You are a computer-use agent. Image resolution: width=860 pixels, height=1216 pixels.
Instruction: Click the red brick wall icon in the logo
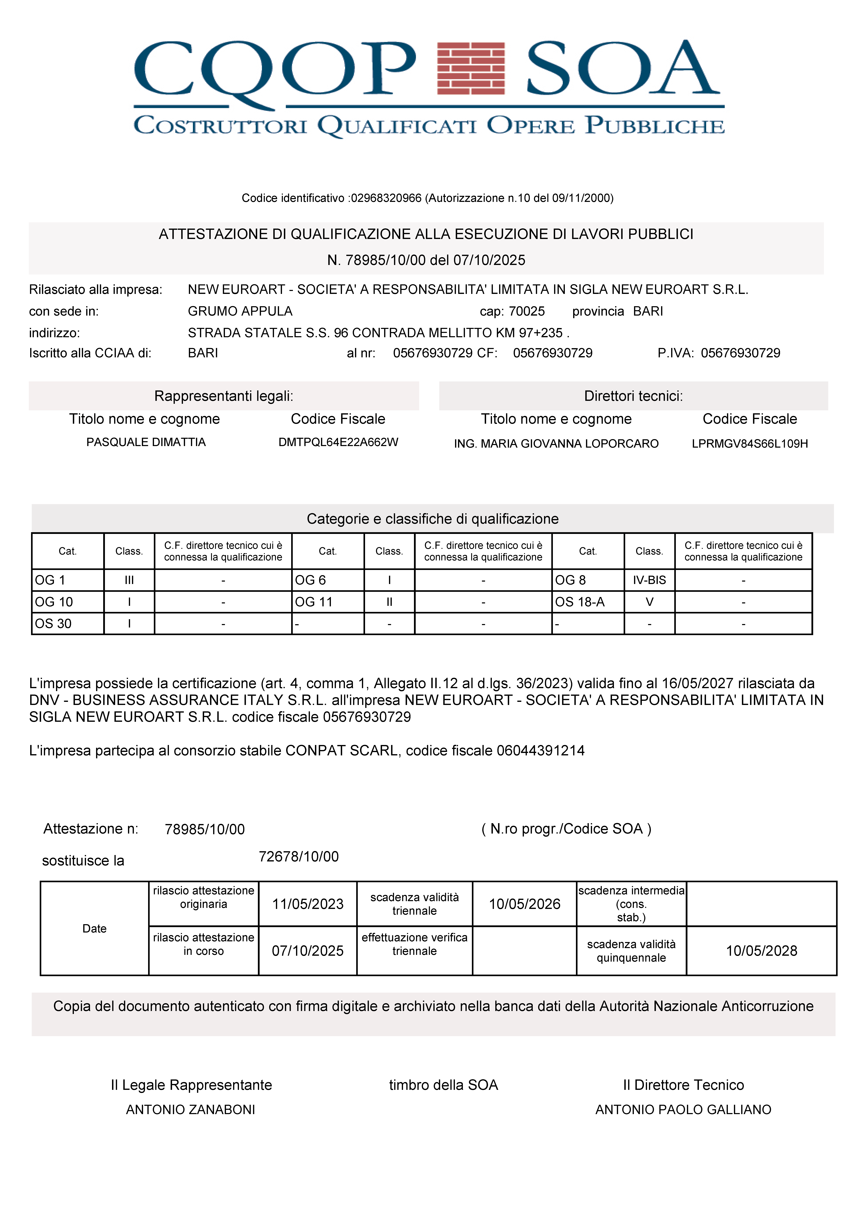click(x=470, y=68)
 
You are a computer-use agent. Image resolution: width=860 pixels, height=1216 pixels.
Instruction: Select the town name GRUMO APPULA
click(x=240, y=311)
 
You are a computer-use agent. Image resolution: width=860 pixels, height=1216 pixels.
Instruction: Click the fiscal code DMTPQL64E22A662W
click(x=338, y=442)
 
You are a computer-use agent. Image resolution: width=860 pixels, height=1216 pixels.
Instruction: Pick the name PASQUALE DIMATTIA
click(x=146, y=442)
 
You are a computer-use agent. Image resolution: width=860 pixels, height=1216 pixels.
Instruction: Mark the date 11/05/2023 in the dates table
click(x=308, y=904)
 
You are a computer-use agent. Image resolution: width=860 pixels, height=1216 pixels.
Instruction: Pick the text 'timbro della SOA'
click(x=443, y=1085)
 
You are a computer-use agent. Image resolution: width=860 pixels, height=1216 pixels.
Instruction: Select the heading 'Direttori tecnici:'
click(x=633, y=396)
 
